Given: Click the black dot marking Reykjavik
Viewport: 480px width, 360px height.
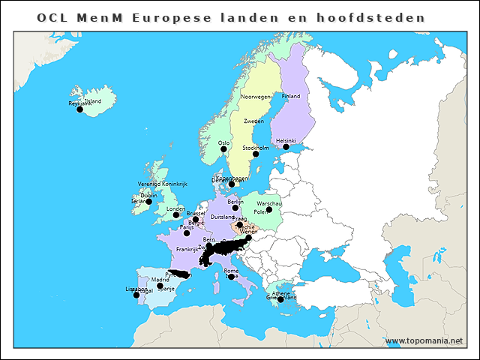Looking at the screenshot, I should tap(80, 109).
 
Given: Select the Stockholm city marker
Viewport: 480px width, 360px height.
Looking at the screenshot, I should tap(256, 154).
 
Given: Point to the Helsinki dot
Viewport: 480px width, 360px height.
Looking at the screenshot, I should tap(286, 147).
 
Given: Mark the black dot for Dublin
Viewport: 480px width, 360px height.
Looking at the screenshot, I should tap(148, 202).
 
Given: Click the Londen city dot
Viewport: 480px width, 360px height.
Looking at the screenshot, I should tap(177, 214).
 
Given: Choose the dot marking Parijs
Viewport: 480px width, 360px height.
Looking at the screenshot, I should tap(187, 233).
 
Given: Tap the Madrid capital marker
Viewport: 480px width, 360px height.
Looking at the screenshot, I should tap(160, 286).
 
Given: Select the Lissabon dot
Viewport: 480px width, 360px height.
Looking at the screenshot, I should tap(136, 295).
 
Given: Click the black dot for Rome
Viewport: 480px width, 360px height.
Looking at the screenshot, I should tap(231, 277).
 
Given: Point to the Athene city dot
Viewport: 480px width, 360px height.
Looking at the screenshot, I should tap(280, 299).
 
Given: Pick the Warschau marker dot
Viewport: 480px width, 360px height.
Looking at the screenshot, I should tap(269, 209).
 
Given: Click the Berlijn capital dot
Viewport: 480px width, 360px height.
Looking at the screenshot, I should tap(235, 208).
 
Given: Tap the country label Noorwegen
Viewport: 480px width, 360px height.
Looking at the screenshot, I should tap(256, 97).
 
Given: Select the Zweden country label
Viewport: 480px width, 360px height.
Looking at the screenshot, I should tap(253, 121).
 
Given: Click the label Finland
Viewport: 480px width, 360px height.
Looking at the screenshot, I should tap(290, 97).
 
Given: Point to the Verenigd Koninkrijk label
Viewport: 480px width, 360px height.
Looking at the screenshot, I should tap(161, 184).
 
